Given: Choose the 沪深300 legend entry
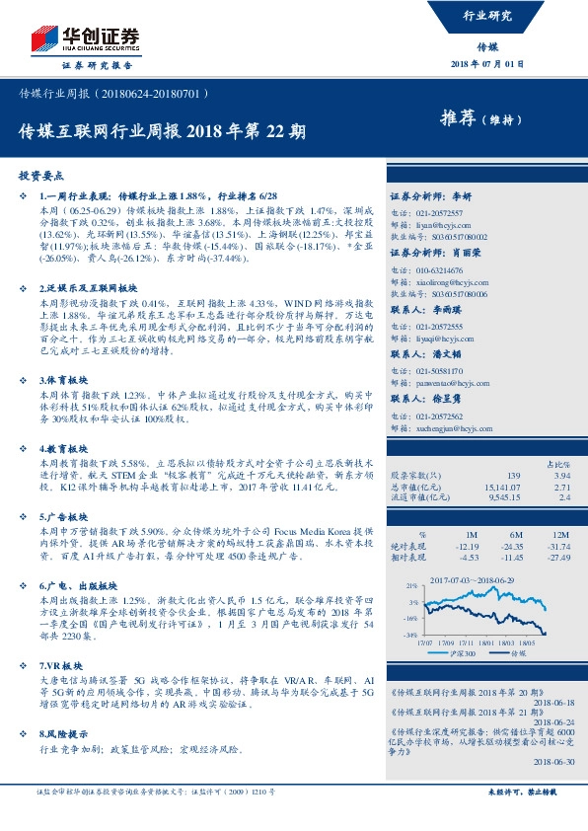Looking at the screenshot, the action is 465,652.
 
